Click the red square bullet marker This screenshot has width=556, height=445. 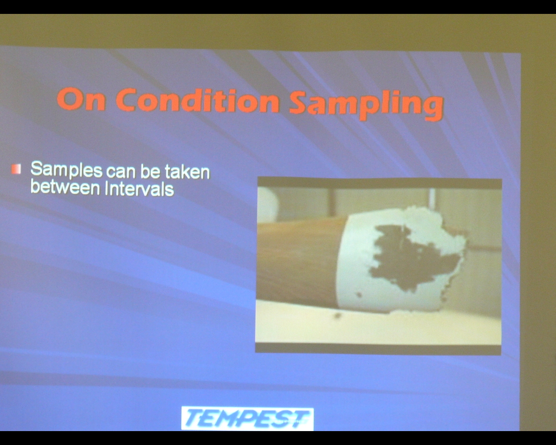16,169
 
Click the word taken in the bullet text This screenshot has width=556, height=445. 187,172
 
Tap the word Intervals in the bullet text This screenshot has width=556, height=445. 139,189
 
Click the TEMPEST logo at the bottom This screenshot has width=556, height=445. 248,418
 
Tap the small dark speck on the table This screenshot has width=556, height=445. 338,315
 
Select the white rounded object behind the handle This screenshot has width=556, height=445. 268,204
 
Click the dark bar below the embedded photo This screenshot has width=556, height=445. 378,349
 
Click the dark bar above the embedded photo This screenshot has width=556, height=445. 380,183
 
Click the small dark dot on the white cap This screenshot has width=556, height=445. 359,294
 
